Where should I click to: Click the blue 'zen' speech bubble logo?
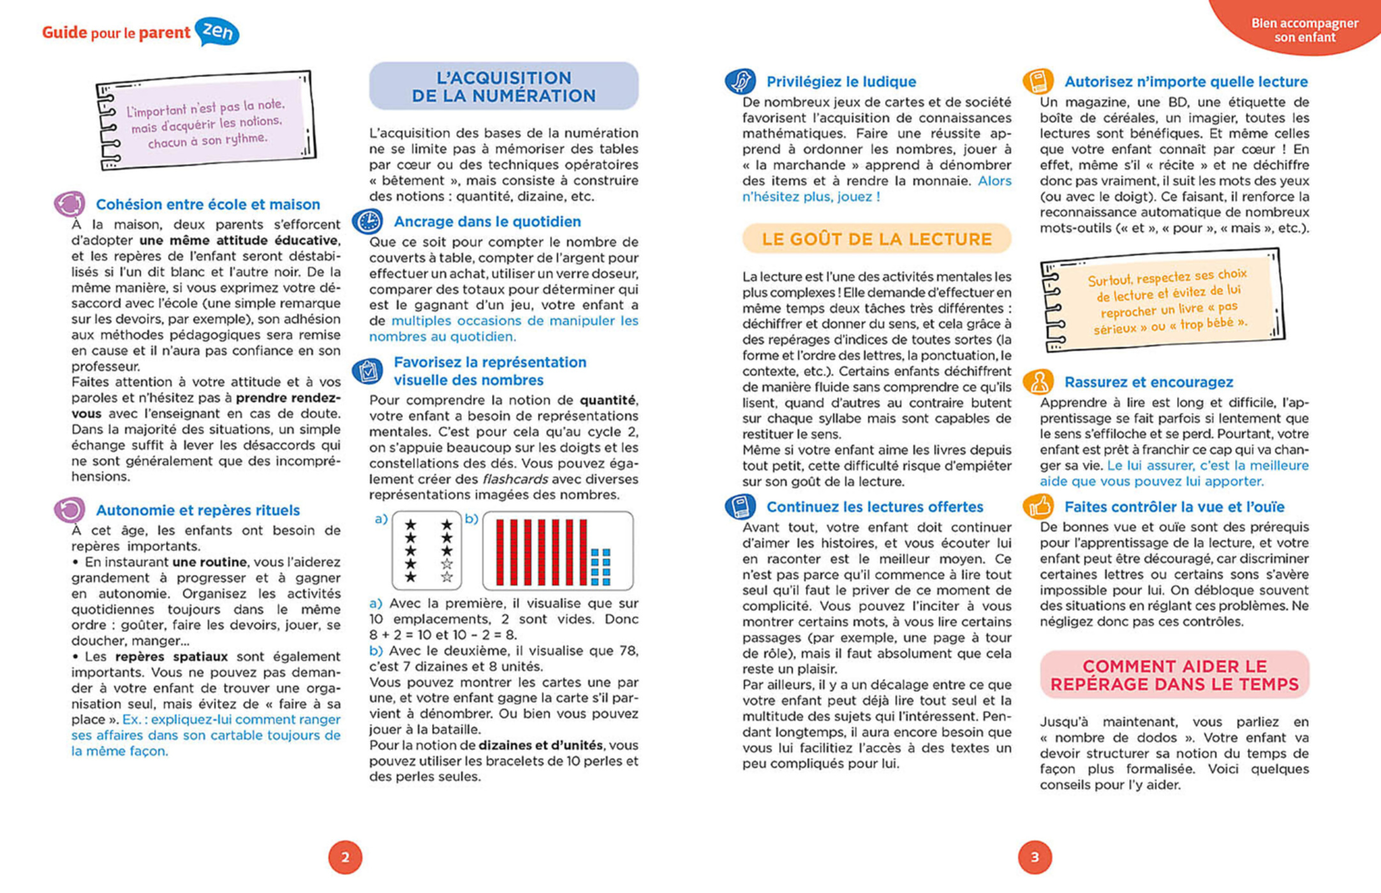pos(218,31)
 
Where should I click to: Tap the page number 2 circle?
pos(345,857)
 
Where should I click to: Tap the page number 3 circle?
pos(1035,857)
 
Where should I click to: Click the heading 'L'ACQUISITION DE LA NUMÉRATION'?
pos(503,87)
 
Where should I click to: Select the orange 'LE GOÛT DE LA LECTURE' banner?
pos(876,239)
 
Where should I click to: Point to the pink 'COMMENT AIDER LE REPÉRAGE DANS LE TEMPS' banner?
pos(1174,675)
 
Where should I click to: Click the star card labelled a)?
pos(427,550)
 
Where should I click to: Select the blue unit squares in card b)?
pos(600,566)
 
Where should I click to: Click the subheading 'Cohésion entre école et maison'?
pos(208,204)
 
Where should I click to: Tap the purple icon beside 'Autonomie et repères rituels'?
pos(70,510)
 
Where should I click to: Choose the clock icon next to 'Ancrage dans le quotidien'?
pos(368,221)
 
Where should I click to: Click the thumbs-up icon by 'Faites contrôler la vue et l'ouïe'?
pos(1038,506)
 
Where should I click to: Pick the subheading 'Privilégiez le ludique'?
pos(841,82)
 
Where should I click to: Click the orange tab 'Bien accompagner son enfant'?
pos(1304,29)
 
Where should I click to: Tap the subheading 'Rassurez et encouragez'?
pos(1148,382)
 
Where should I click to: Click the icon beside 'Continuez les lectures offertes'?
pos(740,506)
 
